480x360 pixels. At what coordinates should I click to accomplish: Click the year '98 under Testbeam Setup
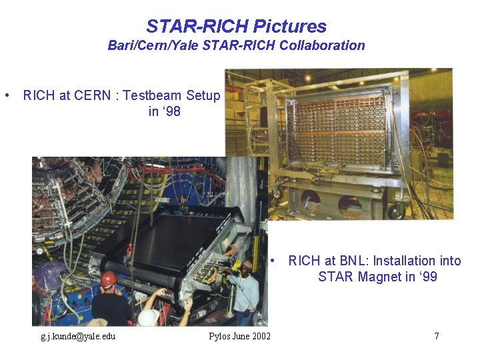pyautogui.click(x=164, y=111)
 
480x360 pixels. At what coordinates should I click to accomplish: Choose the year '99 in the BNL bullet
pyautogui.click(x=427, y=277)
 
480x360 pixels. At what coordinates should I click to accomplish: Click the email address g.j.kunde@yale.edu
pyautogui.click(x=78, y=336)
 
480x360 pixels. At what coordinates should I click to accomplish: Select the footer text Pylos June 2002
pyautogui.click(x=239, y=336)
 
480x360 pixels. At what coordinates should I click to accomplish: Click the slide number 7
pyautogui.click(x=437, y=336)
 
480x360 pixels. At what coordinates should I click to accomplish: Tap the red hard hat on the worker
pyautogui.click(x=109, y=278)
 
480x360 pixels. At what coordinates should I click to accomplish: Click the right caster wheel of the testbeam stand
pyautogui.click(x=397, y=211)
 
